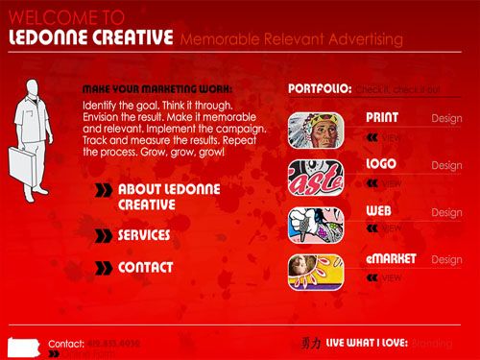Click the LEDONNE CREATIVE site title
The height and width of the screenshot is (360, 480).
point(89,37)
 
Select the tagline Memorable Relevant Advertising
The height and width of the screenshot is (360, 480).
point(291,39)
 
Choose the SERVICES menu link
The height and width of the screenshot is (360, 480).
point(144,235)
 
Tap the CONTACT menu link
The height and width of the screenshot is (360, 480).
point(145,268)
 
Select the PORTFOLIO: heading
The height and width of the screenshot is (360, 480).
point(320,88)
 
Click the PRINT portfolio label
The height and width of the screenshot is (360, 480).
point(382,118)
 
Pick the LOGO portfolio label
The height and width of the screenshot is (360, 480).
point(381,164)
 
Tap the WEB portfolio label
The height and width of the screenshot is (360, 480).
point(377,210)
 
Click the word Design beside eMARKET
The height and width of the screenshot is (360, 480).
point(446,259)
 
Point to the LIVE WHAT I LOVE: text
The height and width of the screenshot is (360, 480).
point(368,341)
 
